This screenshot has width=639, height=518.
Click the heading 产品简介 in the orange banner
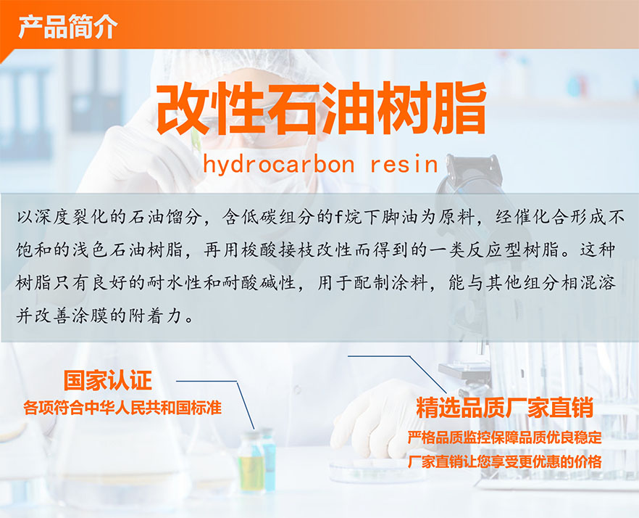tap(68, 27)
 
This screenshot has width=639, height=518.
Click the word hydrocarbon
tap(279, 164)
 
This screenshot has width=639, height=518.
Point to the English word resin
tap(404, 164)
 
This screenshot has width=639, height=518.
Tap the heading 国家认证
tap(107, 380)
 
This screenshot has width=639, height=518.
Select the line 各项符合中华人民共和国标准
tap(122, 408)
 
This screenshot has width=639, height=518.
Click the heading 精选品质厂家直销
tap(504, 408)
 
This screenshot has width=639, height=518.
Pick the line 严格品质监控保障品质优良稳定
tap(504, 437)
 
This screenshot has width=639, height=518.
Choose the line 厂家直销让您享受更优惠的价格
tap(504, 461)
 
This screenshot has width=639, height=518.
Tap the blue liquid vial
tap(267, 459)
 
